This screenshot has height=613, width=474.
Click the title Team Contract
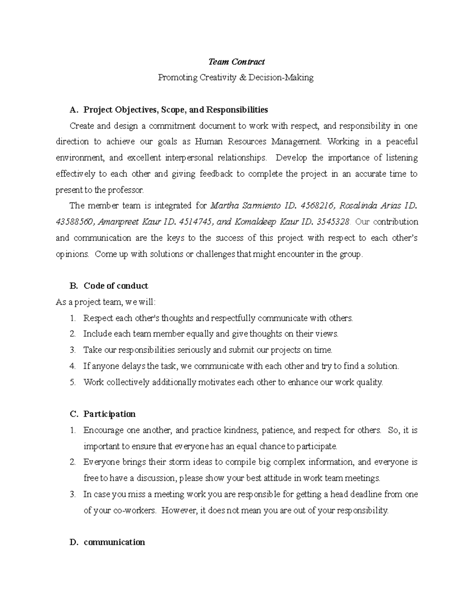click(236, 62)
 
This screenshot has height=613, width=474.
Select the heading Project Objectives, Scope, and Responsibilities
click(175, 109)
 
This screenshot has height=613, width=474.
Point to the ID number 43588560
click(74, 222)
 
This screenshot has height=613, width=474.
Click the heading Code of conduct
click(115, 286)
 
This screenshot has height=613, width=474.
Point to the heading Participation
click(109, 414)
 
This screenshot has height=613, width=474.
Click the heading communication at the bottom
click(114, 542)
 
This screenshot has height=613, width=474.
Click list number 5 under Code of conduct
click(72, 382)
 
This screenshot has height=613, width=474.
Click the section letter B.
click(72, 286)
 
